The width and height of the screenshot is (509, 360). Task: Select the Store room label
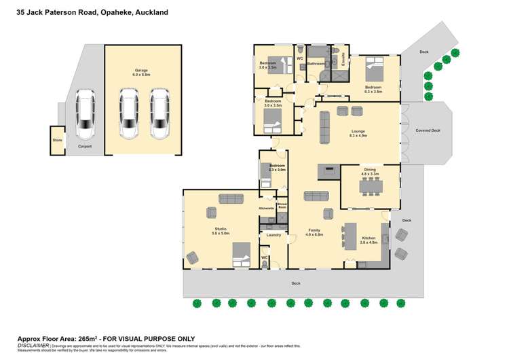click(x=57, y=141)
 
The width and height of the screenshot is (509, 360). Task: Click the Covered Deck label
click(x=428, y=130)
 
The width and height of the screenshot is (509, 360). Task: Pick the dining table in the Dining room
click(x=370, y=185)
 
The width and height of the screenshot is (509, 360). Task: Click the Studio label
click(x=221, y=230)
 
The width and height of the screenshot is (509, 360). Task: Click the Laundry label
click(x=274, y=235)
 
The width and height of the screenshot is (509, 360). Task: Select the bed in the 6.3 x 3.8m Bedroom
click(x=374, y=68)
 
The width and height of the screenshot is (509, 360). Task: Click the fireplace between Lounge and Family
click(x=329, y=170)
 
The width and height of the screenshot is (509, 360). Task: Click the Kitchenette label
click(x=266, y=208)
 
